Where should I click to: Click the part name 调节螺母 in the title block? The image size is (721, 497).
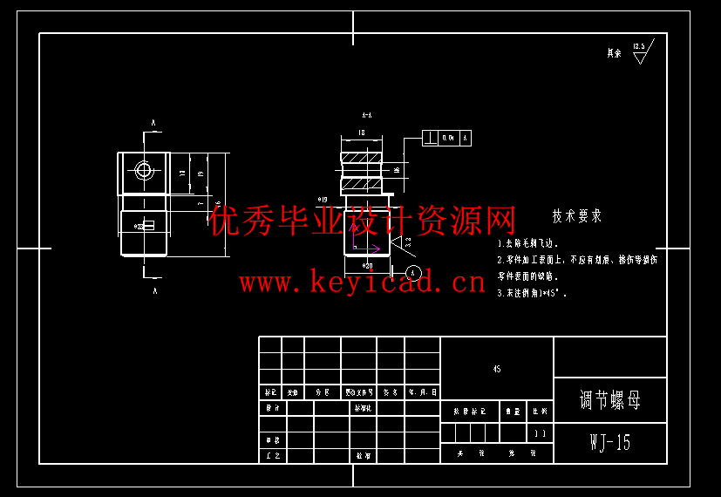[610, 400]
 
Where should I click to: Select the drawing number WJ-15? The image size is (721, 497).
[610, 442]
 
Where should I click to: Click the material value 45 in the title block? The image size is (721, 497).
[497, 369]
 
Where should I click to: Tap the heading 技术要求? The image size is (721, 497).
[576, 216]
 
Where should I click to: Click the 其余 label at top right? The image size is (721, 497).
[614, 53]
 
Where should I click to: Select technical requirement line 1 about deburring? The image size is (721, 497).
[527, 244]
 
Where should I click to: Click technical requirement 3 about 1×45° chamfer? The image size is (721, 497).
[532, 294]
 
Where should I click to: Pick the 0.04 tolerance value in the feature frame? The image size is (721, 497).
[448, 138]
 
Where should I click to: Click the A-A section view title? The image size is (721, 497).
[367, 115]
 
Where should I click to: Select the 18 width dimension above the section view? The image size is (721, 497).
[361, 133]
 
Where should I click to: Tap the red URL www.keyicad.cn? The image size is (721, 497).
[362, 282]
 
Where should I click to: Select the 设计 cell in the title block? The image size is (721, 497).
[272, 407]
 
